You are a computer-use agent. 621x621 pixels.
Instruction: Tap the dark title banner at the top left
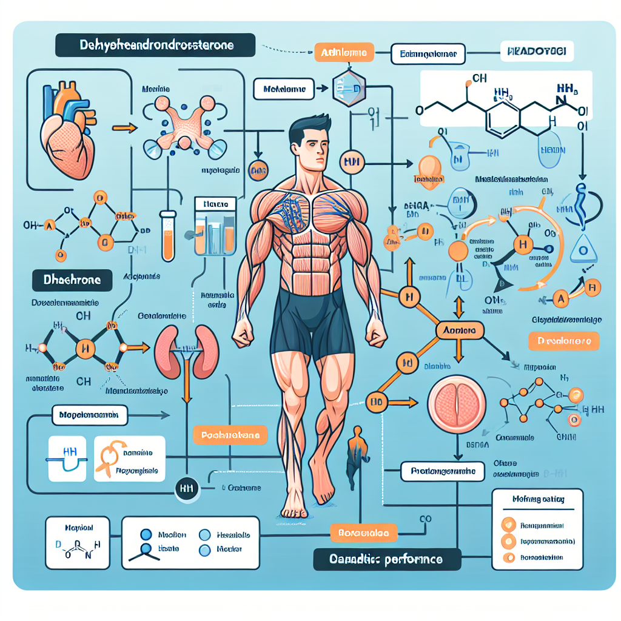coord(154,45)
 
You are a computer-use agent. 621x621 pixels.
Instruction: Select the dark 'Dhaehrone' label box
coord(72,280)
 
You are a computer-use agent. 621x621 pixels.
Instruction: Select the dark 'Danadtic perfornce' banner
coord(386,559)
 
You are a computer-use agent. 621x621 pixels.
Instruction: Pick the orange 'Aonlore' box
coord(460,331)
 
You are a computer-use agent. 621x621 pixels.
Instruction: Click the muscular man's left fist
coord(376,331)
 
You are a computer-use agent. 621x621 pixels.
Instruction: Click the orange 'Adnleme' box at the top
coord(342,53)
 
